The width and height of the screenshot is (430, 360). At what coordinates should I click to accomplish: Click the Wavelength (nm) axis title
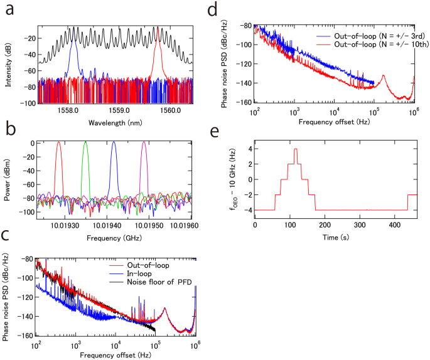(x=117, y=119)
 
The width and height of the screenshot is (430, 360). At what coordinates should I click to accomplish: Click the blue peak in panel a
(x=75, y=44)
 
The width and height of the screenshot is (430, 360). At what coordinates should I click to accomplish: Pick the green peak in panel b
(x=85, y=144)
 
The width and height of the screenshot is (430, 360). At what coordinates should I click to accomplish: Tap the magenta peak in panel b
(x=144, y=144)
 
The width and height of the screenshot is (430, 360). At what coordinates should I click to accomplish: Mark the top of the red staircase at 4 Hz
(x=295, y=149)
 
